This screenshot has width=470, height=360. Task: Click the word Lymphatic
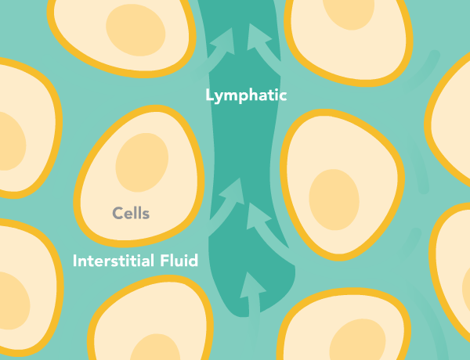pos(246,96)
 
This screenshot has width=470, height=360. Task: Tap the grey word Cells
pos(131,213)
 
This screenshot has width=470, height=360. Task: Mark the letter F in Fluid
pos(161,261)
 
